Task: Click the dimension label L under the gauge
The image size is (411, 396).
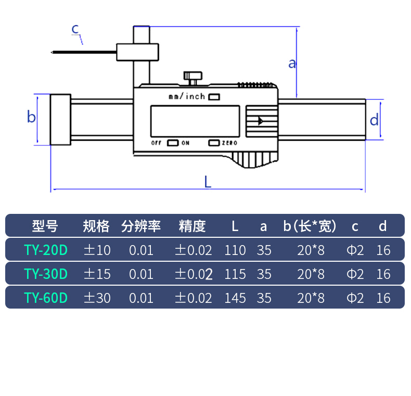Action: [208, 182]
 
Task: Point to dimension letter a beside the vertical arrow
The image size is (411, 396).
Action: [292, 63]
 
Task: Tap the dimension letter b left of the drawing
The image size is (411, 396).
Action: [31, 118]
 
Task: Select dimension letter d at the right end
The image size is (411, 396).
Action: [374, 121]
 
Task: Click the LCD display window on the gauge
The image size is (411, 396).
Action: [195, 121]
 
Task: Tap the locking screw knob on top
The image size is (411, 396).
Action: [192, 77]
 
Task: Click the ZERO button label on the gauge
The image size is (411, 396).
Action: [229, 143]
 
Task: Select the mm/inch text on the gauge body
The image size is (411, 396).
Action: [187, 97]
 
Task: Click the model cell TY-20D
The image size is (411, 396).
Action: [46, 250]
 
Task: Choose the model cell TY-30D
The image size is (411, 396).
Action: [46, 274]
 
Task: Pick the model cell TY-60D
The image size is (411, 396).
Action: [46, 298]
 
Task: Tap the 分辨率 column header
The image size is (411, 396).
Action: [141, 226]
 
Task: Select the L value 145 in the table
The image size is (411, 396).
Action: [235, 298]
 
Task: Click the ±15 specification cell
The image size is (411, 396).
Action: [97, 274]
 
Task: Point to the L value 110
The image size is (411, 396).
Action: [235, 250]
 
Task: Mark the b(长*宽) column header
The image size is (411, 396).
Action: [310, 226]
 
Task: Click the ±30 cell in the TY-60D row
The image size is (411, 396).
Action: [97, 298]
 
